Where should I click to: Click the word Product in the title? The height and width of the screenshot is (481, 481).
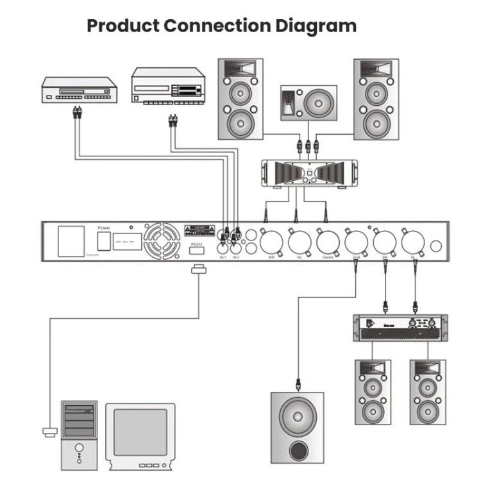click(x=122, y=26)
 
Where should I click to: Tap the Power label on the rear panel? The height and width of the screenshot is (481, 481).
click(x=104, y=228)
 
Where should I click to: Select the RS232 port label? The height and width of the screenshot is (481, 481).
click(x=197, y=244)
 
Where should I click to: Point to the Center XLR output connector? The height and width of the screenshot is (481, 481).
click(x=327, y=242)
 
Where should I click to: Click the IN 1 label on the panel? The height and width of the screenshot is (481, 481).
click(x=223, y=257)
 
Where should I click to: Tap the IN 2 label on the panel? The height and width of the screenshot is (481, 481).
click(x=235, y=257)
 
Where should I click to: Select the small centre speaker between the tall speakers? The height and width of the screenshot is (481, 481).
click(x=308, y=103)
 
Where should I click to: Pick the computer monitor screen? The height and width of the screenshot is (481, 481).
click(x=140, y=432)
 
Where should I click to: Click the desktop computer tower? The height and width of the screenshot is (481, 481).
click(x=80, y=434)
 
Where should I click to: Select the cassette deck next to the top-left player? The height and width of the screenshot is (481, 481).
click(x=168, y=85)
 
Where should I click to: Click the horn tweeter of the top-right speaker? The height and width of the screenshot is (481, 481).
click(x=376, y=68)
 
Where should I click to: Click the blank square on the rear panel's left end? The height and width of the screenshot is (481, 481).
click(x=71, y=242)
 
